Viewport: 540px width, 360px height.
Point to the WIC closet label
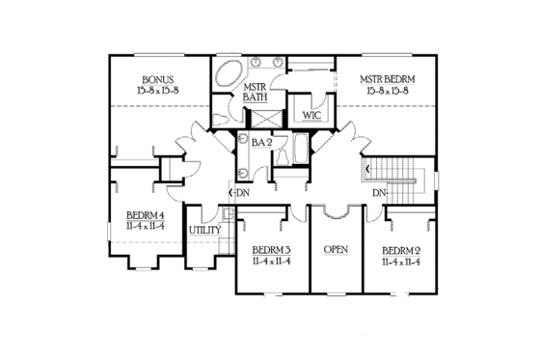click(311, 115)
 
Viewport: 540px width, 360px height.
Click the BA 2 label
click(260, 142)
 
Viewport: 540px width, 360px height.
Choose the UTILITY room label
click(204, 230)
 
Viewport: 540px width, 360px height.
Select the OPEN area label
click(336, 248)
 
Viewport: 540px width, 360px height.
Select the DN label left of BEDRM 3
click(238, 191)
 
